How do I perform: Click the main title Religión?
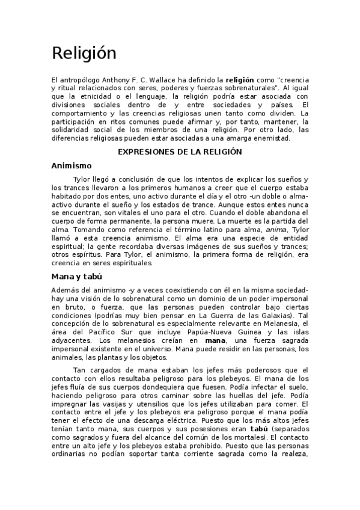[84, 54]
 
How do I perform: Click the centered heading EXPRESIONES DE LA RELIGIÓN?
[179, 152]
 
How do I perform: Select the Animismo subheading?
[72, 165]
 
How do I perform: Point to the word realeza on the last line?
[293, 455]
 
